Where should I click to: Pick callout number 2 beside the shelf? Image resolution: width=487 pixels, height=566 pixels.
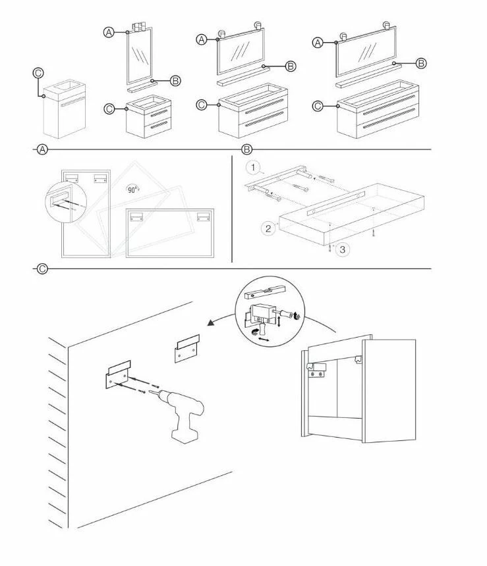tap(268, 228)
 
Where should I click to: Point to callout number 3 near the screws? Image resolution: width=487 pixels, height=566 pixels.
tap(341, 249)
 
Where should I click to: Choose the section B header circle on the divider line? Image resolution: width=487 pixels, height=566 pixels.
tap(247, 150)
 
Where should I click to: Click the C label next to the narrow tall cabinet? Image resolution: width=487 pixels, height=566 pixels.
tap(38, 74)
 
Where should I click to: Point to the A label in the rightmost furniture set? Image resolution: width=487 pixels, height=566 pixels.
tap(317, 43)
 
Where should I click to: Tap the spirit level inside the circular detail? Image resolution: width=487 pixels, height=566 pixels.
tap(266, 291)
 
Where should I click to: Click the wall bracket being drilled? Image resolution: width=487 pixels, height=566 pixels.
tap(117, 377)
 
